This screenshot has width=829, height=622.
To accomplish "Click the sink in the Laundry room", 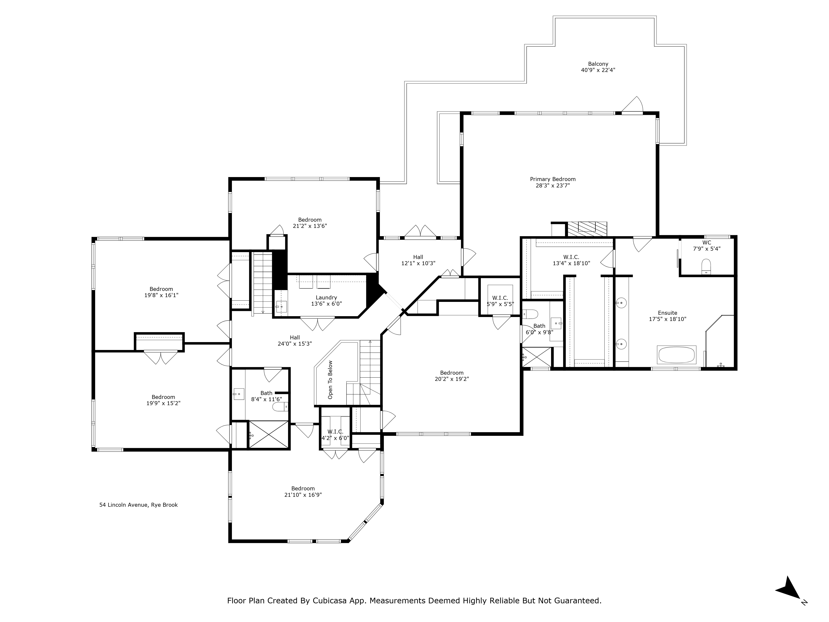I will pyautogui.click(x=281, y=306).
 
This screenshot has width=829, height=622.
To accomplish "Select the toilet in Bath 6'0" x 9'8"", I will pyautogui.click(x=530, y=313).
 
